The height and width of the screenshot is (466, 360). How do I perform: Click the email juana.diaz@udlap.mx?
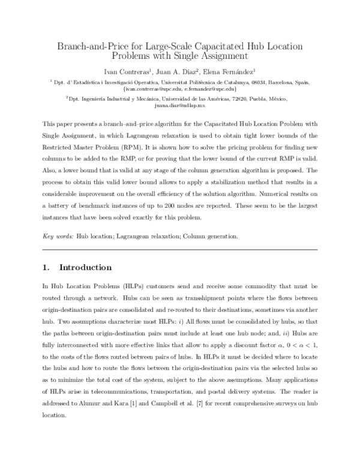[x=179, y=105]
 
